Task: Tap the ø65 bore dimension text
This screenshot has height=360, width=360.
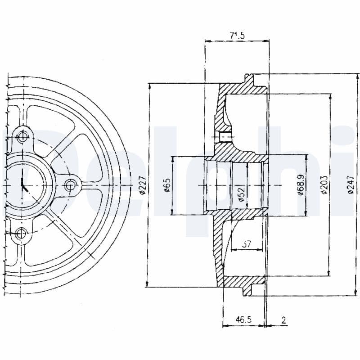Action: coord(166,185)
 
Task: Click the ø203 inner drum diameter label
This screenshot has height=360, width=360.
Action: coord(324,185)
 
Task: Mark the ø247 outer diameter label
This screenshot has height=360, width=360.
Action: coord(351,185)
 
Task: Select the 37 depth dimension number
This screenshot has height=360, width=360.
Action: coord(246,244)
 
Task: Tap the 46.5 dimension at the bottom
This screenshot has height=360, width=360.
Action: coord(243,320)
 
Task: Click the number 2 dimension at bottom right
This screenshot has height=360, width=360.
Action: coord(283,320)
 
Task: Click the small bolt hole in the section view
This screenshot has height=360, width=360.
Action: coord(222,136)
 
